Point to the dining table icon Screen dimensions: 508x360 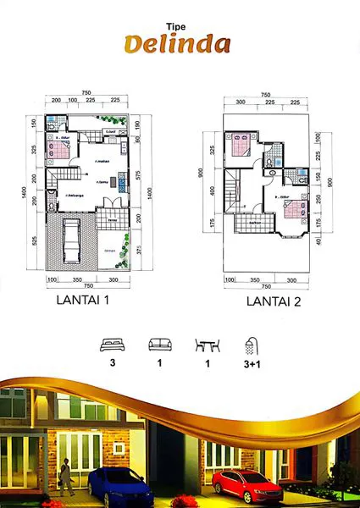[207, 345]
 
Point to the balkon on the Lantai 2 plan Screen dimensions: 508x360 [256, 224]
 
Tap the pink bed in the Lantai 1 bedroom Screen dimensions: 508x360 [58, 149]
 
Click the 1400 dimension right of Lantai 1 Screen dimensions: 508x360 [149, 192]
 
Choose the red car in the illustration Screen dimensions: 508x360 [247, 485]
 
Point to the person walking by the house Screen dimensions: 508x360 [65, 480]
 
